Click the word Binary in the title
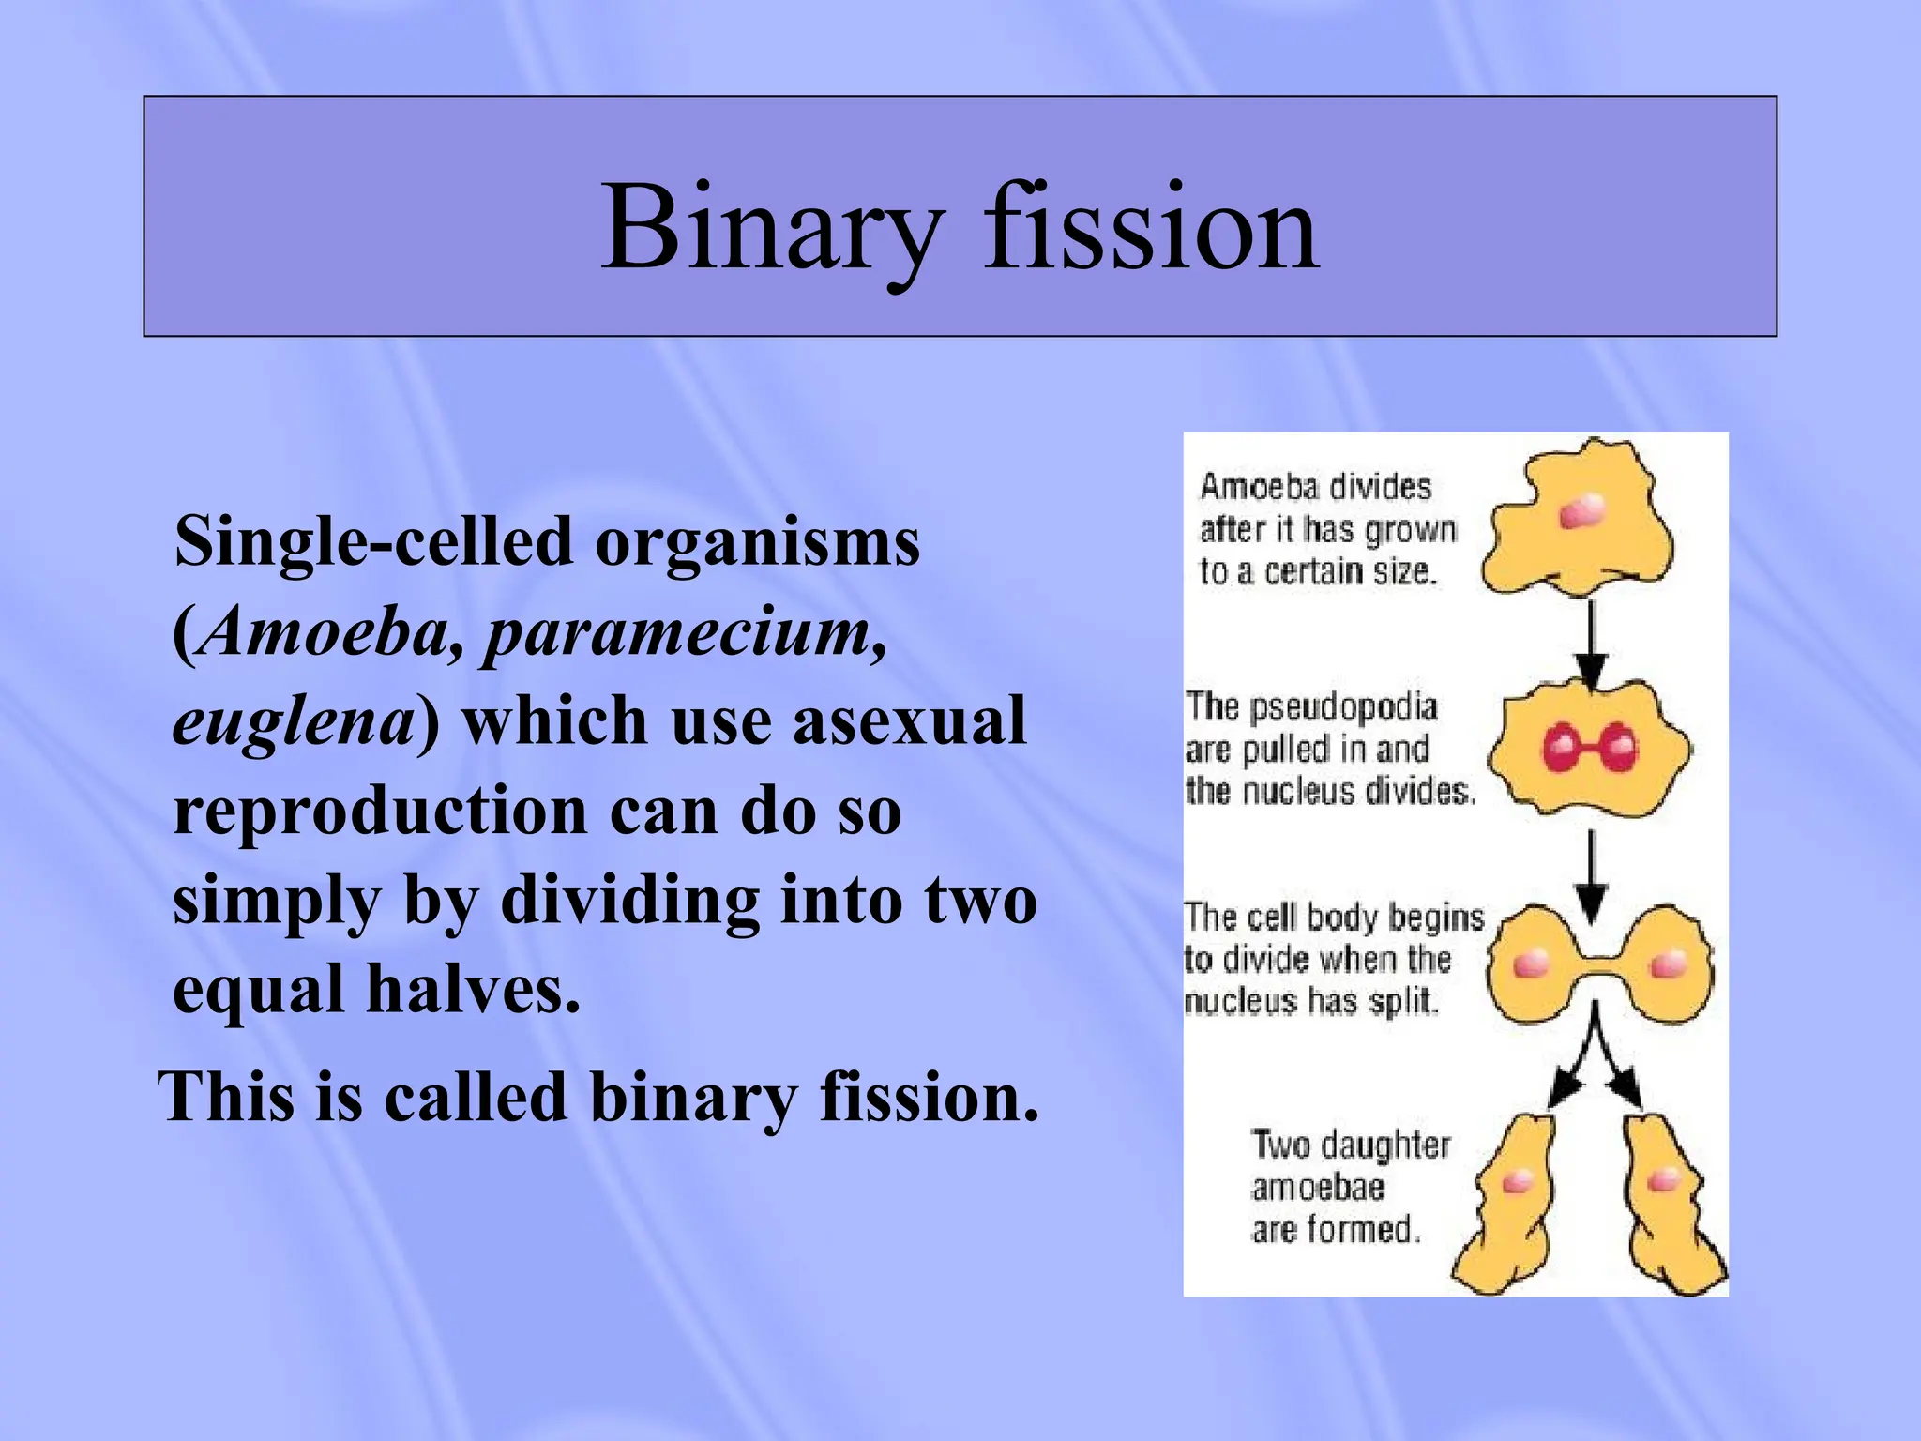(769, 228)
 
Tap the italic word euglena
(293, 722)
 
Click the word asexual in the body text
(908, 722)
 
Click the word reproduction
(379, 811)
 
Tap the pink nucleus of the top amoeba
(1582, 512)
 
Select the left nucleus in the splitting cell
(1530, 963)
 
